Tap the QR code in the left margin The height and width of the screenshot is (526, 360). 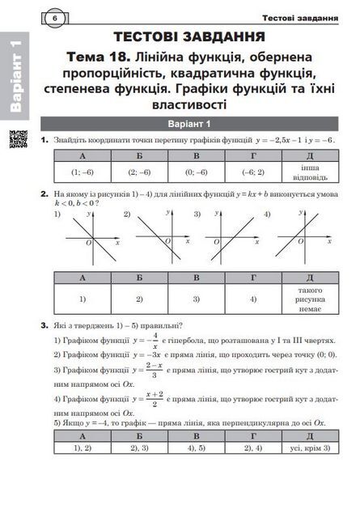[15, 138]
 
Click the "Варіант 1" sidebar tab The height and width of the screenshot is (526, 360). [16, 77]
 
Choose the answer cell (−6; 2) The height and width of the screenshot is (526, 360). [252, 172]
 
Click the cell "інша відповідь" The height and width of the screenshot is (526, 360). [310, 172]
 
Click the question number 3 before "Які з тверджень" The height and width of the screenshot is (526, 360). [45, 325]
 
